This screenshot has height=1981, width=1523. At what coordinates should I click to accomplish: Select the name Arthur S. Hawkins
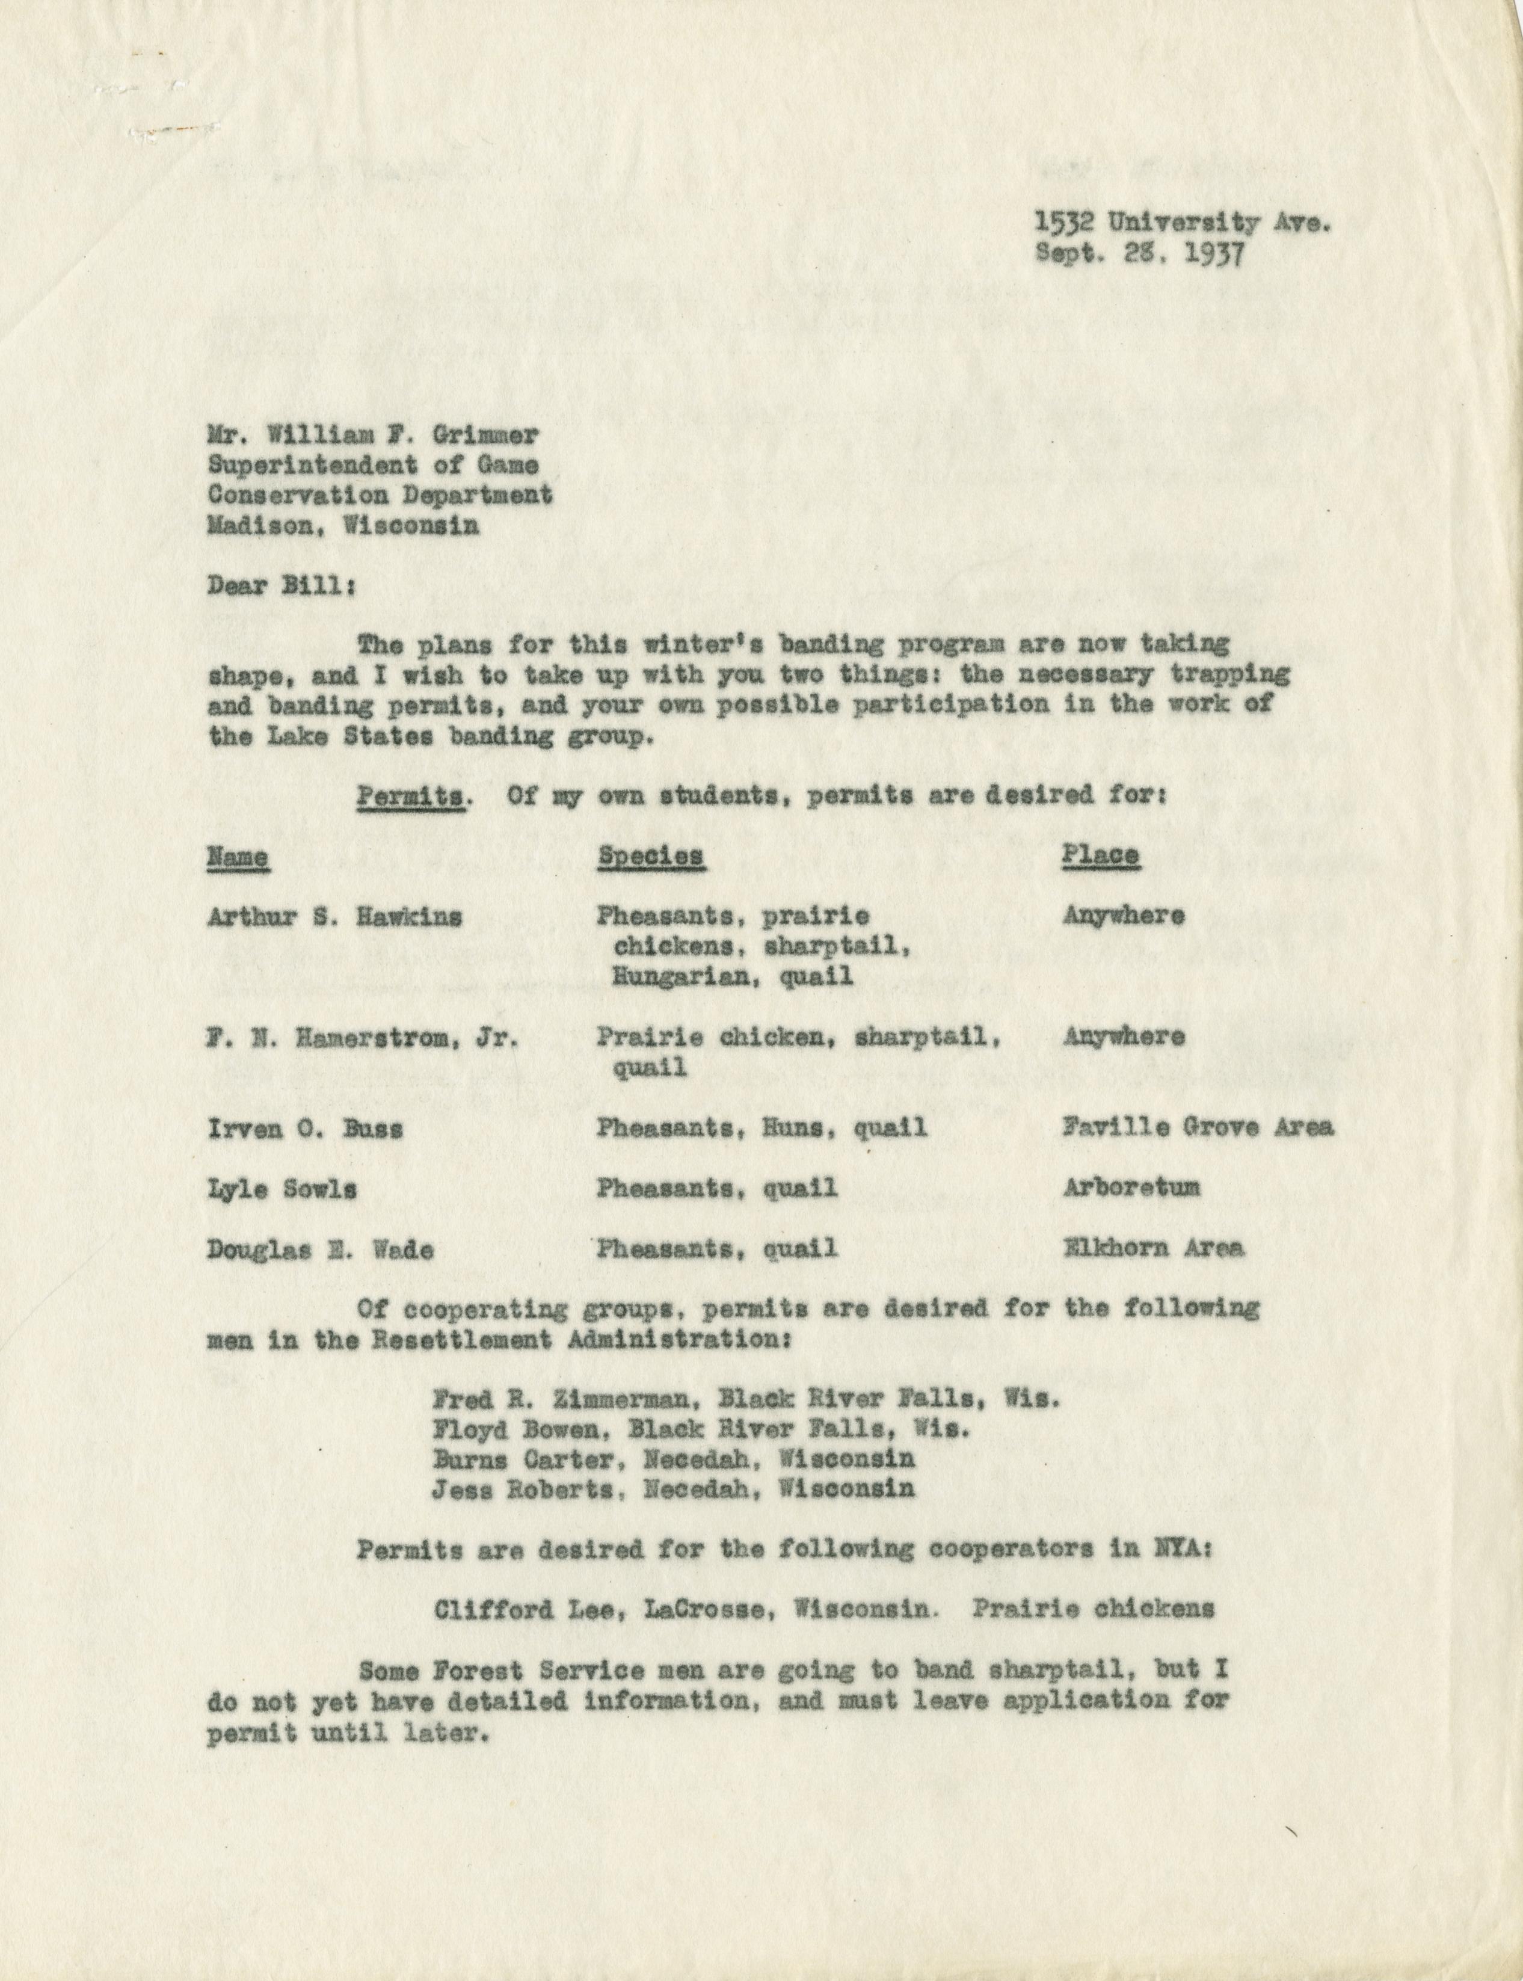click(x=334, y=917)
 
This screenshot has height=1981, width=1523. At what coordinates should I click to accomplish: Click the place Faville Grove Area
click(x=1196, y=1128)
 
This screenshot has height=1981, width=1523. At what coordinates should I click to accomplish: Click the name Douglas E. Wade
click(x=320, y=1249)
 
